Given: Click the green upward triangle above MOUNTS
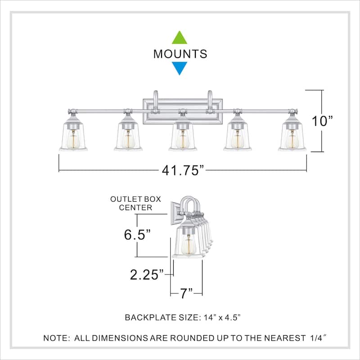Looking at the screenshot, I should [x=180, y=37].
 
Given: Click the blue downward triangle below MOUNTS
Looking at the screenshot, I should [x=180, y=68].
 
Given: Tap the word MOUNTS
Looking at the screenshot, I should [x=180, y=54].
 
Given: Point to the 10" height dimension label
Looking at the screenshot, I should [x=323, y=121].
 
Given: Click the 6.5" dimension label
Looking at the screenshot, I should [x=137, y=234].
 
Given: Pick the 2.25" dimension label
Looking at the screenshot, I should [x=146, y=274].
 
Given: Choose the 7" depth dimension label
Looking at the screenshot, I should [x=186, y=294].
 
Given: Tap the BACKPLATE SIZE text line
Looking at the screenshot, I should [x=183, y=318].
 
